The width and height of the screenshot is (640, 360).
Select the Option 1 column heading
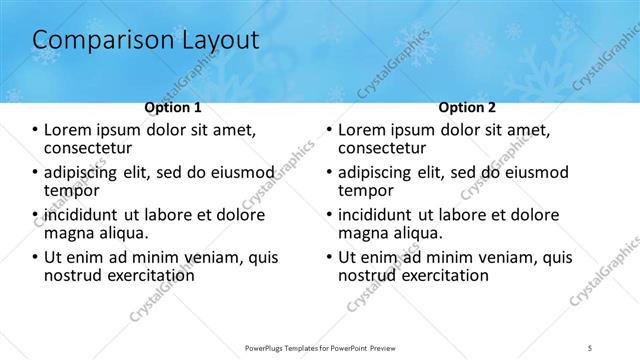click(x=172, y=107)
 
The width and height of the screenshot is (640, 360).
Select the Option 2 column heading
click(x=466, y=107)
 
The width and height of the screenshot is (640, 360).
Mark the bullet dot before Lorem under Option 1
click(x=35, y=130)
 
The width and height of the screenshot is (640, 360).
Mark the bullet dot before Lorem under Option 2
click(x=329, y=130)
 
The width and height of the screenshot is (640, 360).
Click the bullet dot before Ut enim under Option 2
click(x=329, y=257)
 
